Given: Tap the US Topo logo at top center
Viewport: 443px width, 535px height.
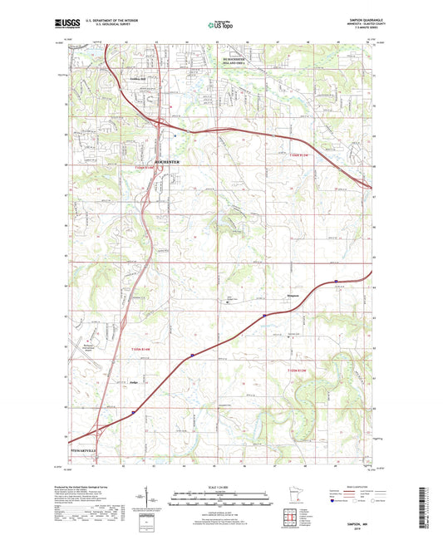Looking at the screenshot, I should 219,26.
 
